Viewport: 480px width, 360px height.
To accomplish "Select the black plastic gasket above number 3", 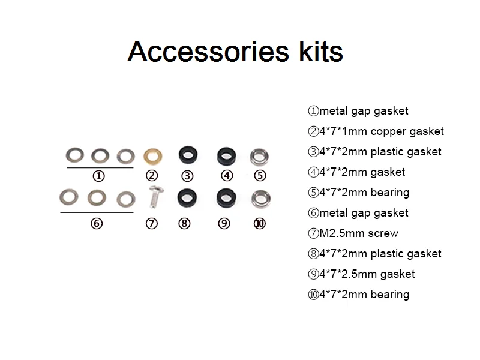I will tap(187, 156).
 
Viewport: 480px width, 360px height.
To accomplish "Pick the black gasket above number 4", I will tap(226, 156).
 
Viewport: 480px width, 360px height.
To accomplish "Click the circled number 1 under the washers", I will tap(99, 176).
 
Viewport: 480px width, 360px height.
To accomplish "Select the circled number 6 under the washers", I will tap(97, 223).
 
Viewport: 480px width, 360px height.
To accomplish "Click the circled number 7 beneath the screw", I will tap(152, 223).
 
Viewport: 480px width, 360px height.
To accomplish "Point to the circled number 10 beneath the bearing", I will tap(259, 223).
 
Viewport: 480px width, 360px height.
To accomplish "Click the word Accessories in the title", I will tap(207, 52).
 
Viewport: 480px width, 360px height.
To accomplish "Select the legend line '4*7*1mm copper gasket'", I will tap(376, 131).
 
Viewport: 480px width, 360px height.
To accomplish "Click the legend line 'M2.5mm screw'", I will tap(353, 233).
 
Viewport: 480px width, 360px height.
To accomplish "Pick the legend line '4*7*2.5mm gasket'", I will tap(361, 274).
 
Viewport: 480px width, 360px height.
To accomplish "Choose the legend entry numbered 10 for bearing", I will tap(358, 294).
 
